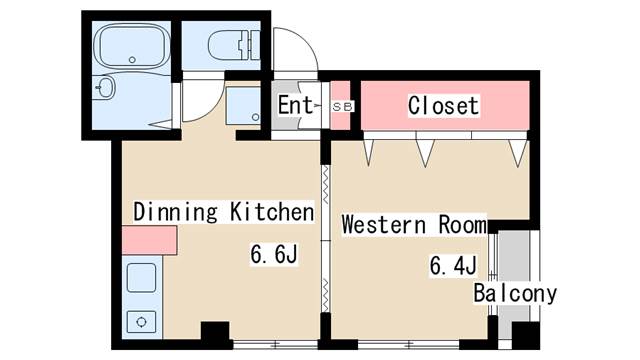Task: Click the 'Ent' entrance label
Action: pyautogui.click(x=296, y=104)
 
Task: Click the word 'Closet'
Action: pyautogui.click(x=444, y=105)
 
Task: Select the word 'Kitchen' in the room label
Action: pyautogui.click(x=272, y=212)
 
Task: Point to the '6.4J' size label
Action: pyautogui.click(x=452, y=266)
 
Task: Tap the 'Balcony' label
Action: pyautogui.click(x=514, y=294)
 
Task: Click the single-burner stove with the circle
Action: pyautogui.click(x=140, y=322)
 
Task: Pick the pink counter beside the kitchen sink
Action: pyautogui.click(x=149, y=240)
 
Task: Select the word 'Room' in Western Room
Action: pyautogui.click(x=461, y=224)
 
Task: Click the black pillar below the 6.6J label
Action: pyautogui.click(x=215, y=333)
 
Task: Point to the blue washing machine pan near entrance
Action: pyautogui.click(x=243, y=106)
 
